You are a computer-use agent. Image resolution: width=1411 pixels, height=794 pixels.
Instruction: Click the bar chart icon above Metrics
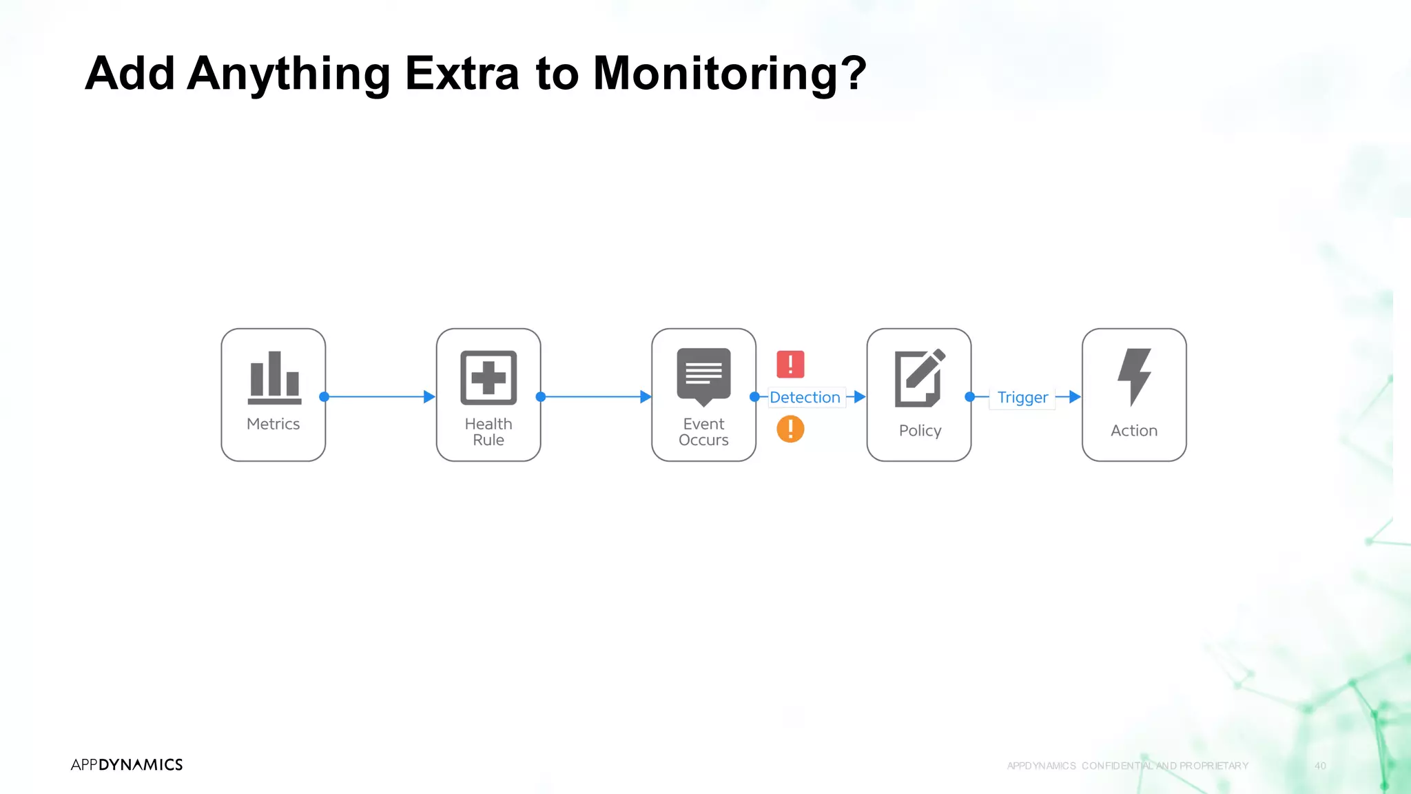274,377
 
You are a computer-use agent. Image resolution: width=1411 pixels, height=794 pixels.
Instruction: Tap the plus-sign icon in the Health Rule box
488,377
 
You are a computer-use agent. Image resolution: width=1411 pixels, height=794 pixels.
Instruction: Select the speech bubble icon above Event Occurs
703,376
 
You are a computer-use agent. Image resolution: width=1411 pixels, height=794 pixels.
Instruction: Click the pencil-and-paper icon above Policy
919,378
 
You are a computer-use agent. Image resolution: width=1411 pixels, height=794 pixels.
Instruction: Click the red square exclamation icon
790,364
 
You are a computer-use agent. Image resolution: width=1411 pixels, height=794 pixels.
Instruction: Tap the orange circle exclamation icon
790,429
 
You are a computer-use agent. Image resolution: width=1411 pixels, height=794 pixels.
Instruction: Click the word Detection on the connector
805,397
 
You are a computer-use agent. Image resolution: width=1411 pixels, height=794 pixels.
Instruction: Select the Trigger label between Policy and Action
1022,397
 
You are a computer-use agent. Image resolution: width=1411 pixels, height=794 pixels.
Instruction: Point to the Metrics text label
274,424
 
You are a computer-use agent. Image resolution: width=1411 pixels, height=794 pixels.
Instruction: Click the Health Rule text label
488,432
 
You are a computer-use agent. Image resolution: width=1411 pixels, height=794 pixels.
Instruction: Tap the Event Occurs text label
703,432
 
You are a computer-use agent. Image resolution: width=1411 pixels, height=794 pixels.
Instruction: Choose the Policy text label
920,431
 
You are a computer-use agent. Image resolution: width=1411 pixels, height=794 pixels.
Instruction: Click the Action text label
1134,431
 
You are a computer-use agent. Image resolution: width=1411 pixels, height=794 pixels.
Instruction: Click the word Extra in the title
462,73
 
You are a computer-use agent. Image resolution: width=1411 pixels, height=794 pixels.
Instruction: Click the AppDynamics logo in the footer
127,764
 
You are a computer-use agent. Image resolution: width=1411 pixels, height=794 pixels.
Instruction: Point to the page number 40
1320,766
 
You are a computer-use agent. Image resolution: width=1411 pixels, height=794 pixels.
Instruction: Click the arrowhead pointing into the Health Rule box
429,397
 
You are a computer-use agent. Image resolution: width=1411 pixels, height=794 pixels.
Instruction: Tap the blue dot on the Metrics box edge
325,397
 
